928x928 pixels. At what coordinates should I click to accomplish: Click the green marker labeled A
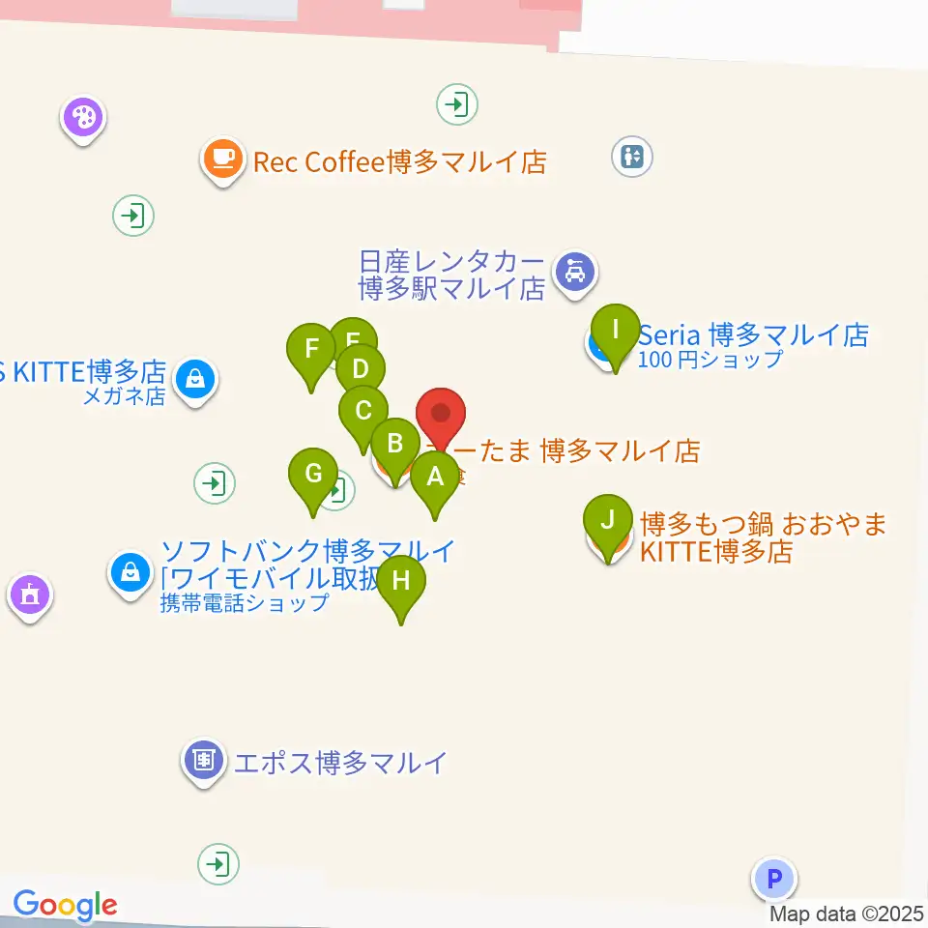pyautogui.click(x=435, y=477)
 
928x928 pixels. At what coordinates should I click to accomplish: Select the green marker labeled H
pyautogui.click(x=401, y=581)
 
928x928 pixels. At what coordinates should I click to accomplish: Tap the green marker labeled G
pyautogui.click(x=313, y=475)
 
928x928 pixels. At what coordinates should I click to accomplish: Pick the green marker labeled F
pyautogui.click(x=311, y=348)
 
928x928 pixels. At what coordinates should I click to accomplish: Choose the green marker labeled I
pyautogui.click(x=616, y=330)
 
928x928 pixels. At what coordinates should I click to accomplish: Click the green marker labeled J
pyautogui.click(x=608, y=520)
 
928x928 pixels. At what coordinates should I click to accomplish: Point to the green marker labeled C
pyautogui.click(x=363, y=411)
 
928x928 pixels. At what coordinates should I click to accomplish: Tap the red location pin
pyautogui.click(x=441, y=415)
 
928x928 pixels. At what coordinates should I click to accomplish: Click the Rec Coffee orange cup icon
pyautogui.click(x=223, y=158)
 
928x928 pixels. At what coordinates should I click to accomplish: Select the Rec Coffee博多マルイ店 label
pyautogui.click(x=400, y=160)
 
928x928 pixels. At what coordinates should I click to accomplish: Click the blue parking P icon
pyautogui.click(x=773, y=880)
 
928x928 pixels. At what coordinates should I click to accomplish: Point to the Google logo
pyautogui.click(x=65, y=906)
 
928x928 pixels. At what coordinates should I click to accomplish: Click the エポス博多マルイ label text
pyautogui.click(x=340, y=763)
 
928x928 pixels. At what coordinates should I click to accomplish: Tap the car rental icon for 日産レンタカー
pyautogui.click(x=576, y=273)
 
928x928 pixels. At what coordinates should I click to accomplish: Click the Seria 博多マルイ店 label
pyautogui.click(x=753, y=335)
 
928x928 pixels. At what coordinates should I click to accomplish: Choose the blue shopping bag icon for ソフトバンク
pyautogui.click(x=130, y=572)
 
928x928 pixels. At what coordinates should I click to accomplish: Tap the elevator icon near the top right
pyautogui.click(x=633, y=156)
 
